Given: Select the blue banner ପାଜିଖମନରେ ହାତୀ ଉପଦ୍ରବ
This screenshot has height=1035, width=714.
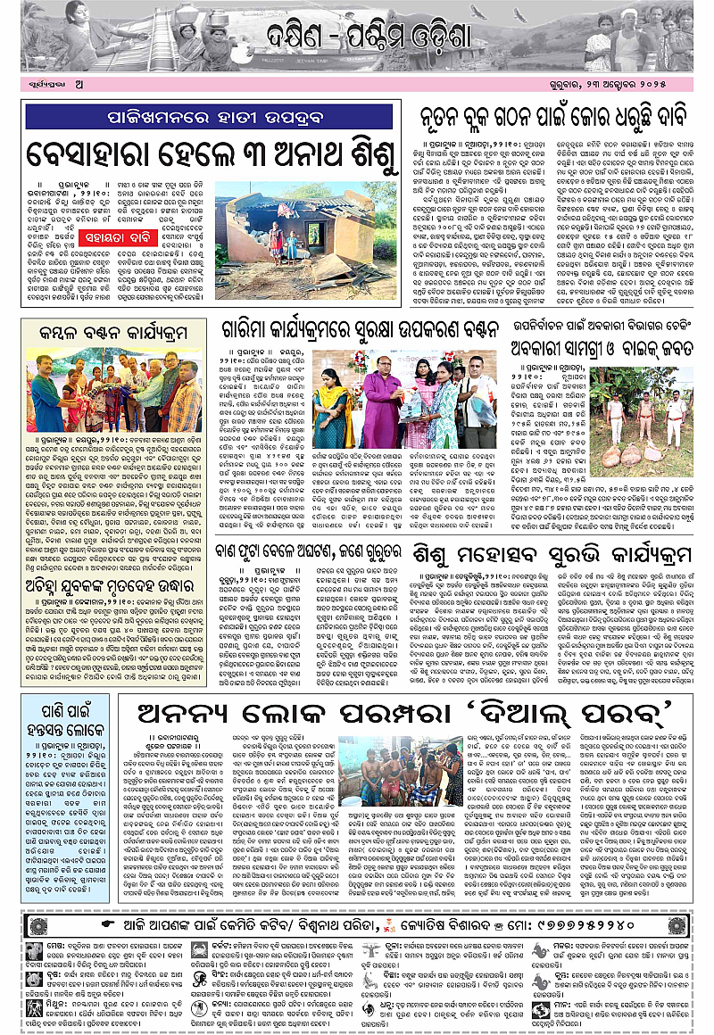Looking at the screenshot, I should coord(209,116).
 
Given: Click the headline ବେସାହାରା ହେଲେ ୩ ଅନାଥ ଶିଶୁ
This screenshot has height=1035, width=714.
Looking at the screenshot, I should coord(209,152).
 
